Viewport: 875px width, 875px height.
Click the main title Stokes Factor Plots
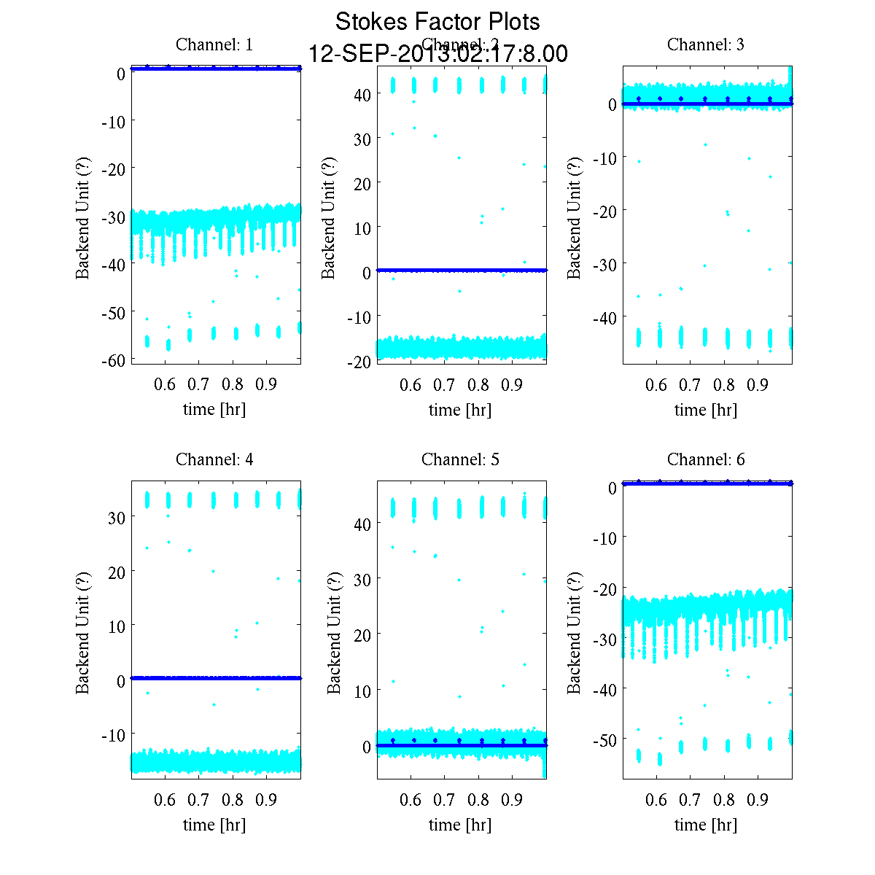[x=437, y=22]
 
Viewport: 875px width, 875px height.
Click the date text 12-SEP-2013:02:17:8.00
[x=437, y=54]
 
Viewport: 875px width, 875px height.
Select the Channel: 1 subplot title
[x=214, y=44]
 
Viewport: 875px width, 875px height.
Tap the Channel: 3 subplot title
[x=706, y=44]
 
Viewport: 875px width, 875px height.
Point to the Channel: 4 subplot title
[x=214, y=459]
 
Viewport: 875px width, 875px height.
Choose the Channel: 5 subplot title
[x=460, y=459]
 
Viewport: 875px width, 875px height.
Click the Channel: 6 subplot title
[x=706, y=459]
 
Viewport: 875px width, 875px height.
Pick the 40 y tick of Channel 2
[x=363, y=94]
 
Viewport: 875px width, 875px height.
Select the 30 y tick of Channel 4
[x=117, y=517]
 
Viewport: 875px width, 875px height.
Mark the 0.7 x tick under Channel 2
[x=444, y=385]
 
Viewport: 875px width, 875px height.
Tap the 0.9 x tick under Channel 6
[x=758, y=800]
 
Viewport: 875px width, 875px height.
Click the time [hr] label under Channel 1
[x=214, y=410]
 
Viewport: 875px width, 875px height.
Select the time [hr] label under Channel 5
[x=460, y=825]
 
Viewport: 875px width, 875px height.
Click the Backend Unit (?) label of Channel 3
[x=575, y=217]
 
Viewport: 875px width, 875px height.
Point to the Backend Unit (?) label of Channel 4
[x=82, y=632]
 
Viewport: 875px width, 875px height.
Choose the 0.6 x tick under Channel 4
[x=165, y=800]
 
